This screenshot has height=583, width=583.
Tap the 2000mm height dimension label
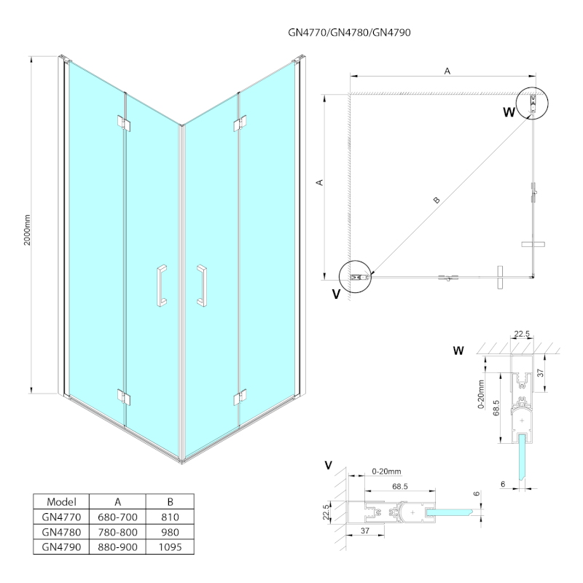coord(27,229)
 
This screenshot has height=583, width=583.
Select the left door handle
coord(161,285)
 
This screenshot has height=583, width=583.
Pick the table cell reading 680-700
coord(117,517)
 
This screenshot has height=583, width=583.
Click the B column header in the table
coord(170,502)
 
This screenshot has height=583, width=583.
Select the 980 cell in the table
coord(170,532)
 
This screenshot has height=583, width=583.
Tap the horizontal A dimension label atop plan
coord(447,71)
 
